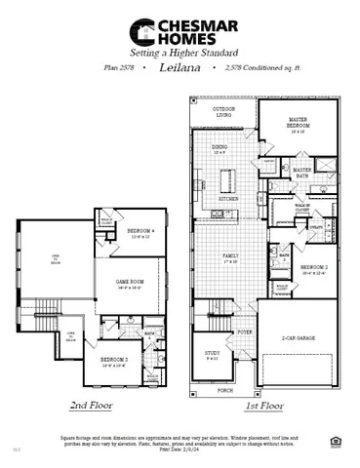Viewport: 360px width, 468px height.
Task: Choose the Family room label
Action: coord(230,255)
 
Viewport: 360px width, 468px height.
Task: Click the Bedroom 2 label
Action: coord(314,266)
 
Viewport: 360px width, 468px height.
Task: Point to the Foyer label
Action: coord(245,331)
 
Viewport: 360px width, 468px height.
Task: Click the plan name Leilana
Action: coord(180,69)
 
